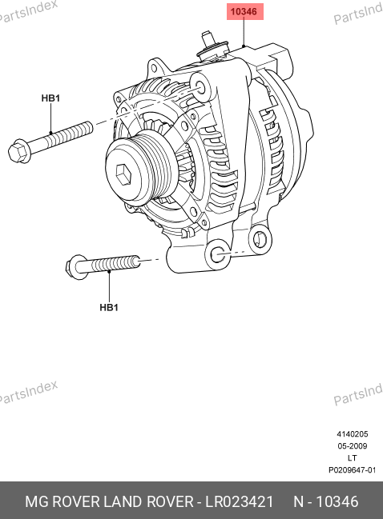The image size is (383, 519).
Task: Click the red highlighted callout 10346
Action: click(x=244, y=11)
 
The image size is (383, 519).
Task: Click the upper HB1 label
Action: click(x=50, y=98)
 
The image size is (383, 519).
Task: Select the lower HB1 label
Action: click(x=109, y=308)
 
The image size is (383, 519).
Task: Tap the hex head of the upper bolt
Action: click(x=19, y=152)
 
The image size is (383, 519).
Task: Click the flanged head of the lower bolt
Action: click(x=75, y=267)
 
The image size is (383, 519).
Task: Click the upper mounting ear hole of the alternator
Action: click(x=200, y=87)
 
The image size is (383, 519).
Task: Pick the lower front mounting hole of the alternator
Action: click(x=218, y=255)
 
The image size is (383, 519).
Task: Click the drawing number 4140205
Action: click(x=353, y=434)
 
